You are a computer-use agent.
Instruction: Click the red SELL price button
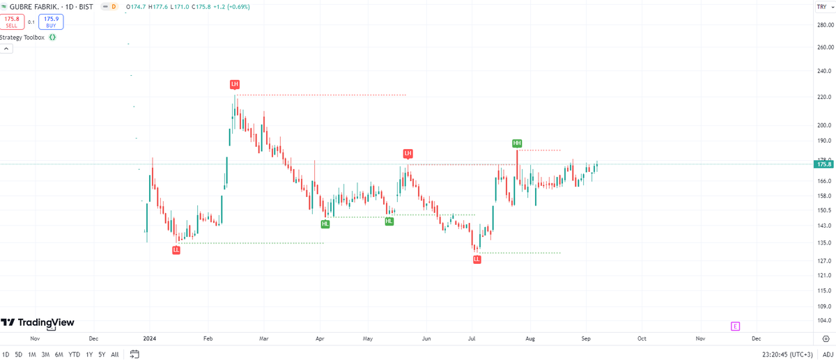point(12,22)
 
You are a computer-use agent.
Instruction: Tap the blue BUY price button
point(51,22)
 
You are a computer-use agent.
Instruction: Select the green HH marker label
point(517,143)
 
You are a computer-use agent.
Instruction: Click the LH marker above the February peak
point(234,84)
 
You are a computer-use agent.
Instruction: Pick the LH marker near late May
point(408,153)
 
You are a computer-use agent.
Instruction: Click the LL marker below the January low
point(176,250)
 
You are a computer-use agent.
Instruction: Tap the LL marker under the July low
point(477,259)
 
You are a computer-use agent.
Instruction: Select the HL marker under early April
point(325,224)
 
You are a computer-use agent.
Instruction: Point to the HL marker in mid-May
point(389,221)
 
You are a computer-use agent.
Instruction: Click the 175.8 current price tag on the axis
point(824,164)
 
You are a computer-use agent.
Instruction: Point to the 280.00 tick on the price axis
point(825,25)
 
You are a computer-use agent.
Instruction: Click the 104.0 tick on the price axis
point(824,320)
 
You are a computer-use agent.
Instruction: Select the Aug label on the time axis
point(530,338)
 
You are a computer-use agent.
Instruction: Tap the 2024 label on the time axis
point(150,338)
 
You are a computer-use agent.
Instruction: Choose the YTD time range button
point(75,354)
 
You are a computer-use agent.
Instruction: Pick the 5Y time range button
point(102,354)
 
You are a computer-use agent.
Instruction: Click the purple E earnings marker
point(735,327)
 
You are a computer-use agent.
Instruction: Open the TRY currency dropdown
point(825,7)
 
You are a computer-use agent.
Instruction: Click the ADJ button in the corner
point(828,354)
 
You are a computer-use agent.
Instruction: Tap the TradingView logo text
point(46,322)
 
